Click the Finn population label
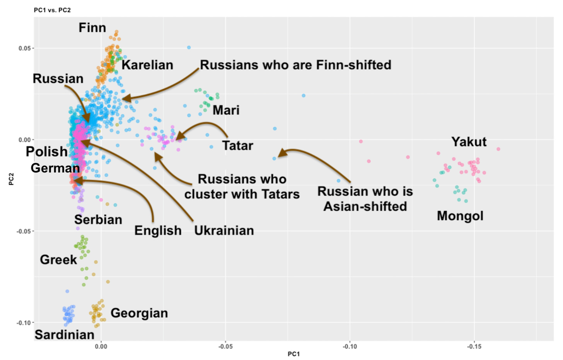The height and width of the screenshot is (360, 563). pyautogui.click(x=92, y=27)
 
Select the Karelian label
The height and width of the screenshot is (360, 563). pyautogui.click(x=147, y=65)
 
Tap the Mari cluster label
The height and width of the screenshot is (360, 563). pyautogui.click(x=226, y=110)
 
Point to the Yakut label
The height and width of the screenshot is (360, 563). pyautogui.click(x=469, y=142)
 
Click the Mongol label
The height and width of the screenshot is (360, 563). pyautogui.click(x=460, y=216)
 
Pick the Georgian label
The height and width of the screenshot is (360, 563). pyautogui.click(x=139, y=313)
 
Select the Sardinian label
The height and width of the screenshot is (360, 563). pyautogui.click(x=65, y=334)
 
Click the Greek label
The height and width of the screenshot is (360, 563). pyautogui.click(x=58, y=259)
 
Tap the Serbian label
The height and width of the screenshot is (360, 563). pyautogui.click(x=98, y=220)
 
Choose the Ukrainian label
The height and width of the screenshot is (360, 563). pyautogui.click(x=224, y=230)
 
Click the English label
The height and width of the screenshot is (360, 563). pyautogui.click(x=158, y=230)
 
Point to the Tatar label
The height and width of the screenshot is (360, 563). pyautogui.click(x=237, y=146)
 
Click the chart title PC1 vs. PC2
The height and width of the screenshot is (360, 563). pyautogui.click(x=52, y=10)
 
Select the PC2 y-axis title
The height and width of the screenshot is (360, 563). pyautogui.click(x=11, y=179)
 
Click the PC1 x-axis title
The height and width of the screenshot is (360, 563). pyautogui.click(x=293, y=354)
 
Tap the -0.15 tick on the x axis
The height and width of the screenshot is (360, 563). pyautogui.click(x=474, y=346)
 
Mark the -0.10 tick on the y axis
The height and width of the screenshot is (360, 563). pyautogui.click(x=24, y=322)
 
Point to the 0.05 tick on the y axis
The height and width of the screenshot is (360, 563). pyautogui.click(x=25, y=48)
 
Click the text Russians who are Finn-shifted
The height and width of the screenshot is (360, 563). pyautogui.click(x=295, y=65)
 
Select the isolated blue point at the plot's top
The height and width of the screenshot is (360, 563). pyautogui.click(x=189, y=48)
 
